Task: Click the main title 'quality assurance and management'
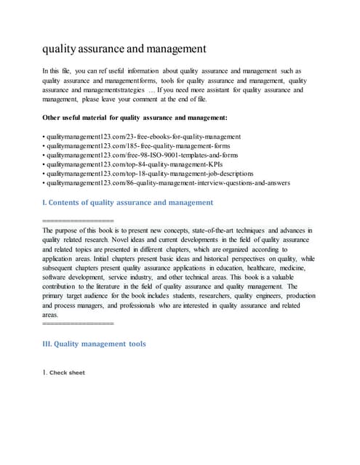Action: (124, 49)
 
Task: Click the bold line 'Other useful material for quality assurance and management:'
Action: (135, 117)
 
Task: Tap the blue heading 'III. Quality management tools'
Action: (95, 344)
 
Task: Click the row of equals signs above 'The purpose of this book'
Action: (79, 219)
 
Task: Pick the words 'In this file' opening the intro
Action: (60, 71)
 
